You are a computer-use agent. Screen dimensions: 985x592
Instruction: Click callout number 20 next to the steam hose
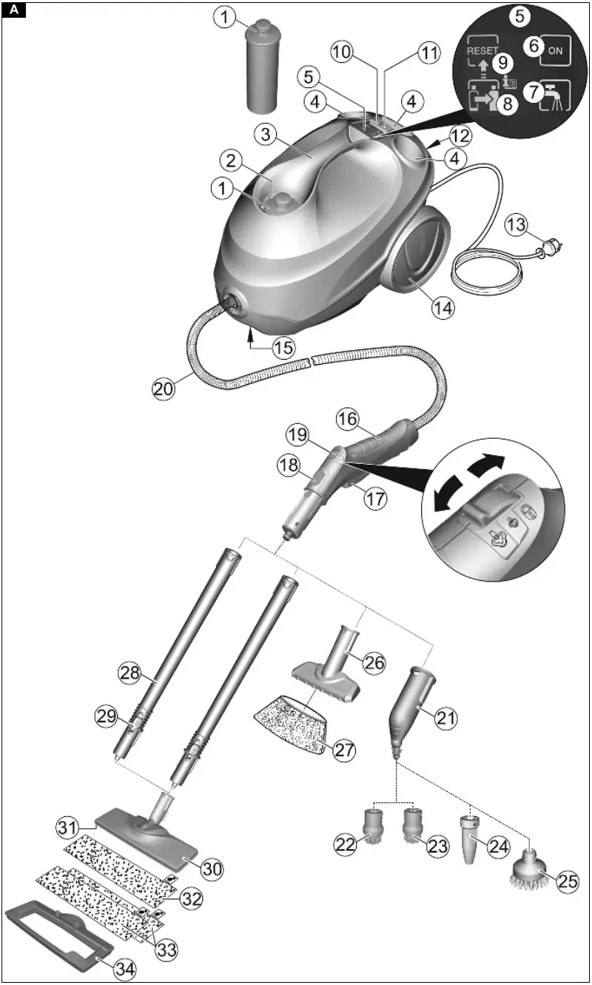164,387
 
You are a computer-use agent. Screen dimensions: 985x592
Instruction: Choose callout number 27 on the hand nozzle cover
343,749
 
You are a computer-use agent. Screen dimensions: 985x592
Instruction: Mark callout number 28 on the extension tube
129,673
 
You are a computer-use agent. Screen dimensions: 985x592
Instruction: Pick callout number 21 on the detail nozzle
446,717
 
